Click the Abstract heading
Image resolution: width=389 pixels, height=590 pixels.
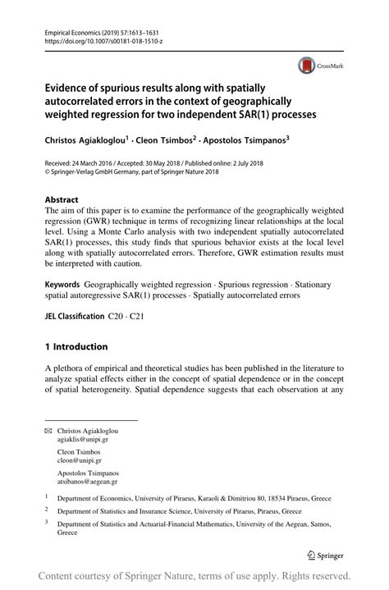(62, 199)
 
